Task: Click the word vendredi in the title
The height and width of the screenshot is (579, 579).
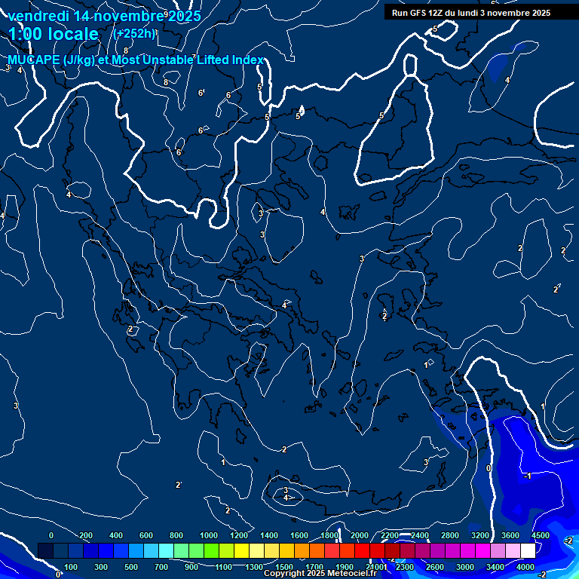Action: click(x=40, y=15)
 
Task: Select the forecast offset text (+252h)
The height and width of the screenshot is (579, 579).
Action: click(x=134, y=33)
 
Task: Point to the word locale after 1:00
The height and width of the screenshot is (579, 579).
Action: click(x=71, y=34)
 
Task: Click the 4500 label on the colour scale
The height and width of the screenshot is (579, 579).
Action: click(x=539, y=535)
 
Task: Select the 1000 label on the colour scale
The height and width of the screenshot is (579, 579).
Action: click(x=209, y=535)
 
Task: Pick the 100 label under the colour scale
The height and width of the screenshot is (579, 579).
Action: click(x=72, y=567)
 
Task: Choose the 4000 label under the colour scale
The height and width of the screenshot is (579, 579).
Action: click(x=525, y=567)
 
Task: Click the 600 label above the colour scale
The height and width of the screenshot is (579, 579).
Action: click(x=146, y=535)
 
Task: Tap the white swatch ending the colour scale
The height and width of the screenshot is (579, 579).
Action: click(x=548, y=551)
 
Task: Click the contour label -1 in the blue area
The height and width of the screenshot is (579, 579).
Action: click(x=528, y=476)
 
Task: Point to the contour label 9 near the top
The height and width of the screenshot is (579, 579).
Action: click(x=166, y=14)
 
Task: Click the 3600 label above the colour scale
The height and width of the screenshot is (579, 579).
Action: click(x=510, y=535)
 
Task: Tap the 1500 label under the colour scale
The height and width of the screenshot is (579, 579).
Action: click(x=284, y=567)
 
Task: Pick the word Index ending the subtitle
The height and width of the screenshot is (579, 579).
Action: click(x=248, y=60)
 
